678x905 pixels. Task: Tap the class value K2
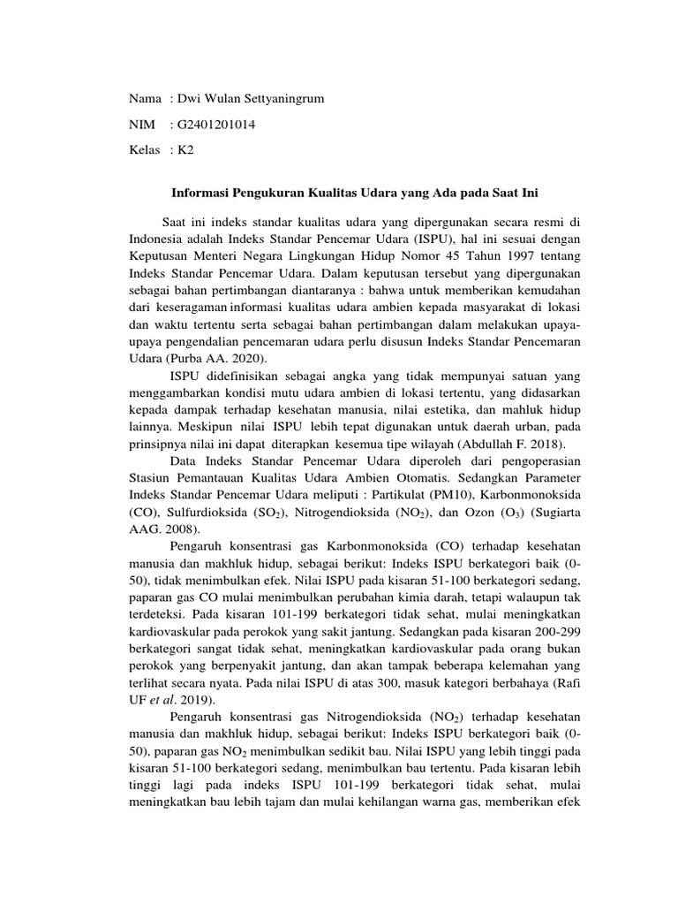[185, 150]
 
